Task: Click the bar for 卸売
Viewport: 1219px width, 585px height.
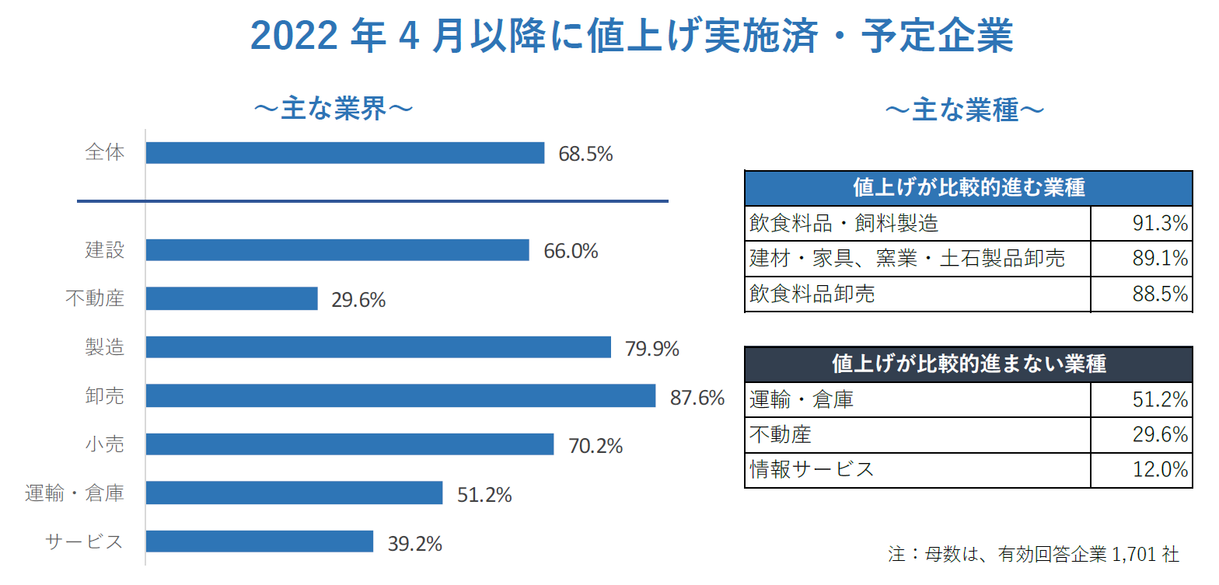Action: (400, 396)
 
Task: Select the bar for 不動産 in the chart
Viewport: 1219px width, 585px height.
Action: (232, 298)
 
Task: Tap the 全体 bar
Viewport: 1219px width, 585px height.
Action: (344, 153)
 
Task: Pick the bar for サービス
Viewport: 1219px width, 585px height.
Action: (259, 541)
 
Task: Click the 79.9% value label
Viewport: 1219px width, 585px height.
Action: (651, 349)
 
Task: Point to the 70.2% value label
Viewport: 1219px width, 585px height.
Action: (596, 447)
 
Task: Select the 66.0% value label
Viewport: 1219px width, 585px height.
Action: (571, 252)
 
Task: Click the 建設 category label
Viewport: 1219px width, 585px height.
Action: (104, 250)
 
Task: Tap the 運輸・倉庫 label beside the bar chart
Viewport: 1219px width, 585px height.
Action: (74, 493)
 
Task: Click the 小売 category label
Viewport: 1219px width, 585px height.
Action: (104, 445)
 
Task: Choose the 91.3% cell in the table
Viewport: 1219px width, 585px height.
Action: (1141, 224)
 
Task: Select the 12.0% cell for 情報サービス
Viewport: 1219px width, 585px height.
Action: (1141, 469)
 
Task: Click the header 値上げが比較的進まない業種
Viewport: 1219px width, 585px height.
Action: (968, 364)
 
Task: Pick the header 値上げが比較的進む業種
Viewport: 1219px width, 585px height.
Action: (968, 188)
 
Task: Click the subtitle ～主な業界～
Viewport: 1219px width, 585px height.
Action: (333, 110)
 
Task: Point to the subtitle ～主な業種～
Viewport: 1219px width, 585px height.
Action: (964, 111)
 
